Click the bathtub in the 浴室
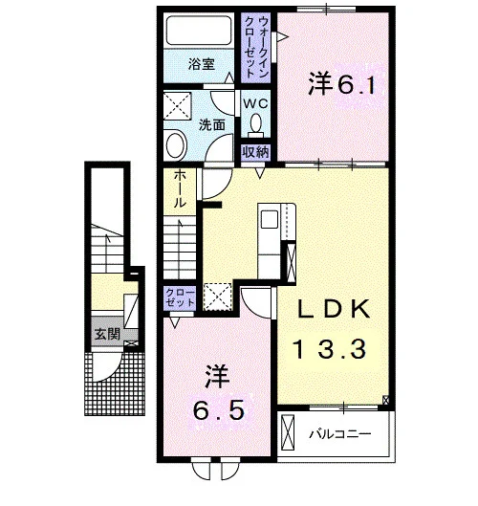click(199, 31)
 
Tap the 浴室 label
click(202, 64)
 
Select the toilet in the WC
click(256, 125)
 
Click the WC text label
click(255, 103)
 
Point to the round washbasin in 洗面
click(175, 144)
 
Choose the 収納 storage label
click(256, 152)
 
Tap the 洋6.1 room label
click(342, 83)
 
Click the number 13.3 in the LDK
click(329, 349)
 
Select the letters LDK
click(334, 309)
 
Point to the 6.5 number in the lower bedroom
click(218, 410)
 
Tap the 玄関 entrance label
click(107, 334)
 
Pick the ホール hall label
click(180, 188)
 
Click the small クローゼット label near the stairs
click(180, 297)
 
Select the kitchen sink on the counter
click(270, 219)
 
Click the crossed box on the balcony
click(288, 432)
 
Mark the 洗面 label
click(211, 124)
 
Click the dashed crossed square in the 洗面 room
click(178, 106)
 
